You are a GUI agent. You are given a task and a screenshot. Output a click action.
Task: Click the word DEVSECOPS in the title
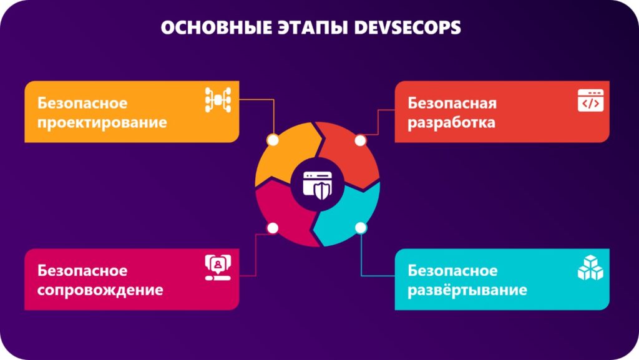407,27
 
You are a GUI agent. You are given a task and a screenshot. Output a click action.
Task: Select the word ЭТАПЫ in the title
313,27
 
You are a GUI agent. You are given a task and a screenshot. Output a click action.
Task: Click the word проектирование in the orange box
102,123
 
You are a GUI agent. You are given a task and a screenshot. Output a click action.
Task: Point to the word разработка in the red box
452,122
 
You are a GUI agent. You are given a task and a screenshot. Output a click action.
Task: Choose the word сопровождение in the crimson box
100,290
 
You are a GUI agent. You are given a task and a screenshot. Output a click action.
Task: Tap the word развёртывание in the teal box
467,290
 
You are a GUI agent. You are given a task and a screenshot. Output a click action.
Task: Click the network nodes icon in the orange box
218,100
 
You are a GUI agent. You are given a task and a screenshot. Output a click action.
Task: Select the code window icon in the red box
590,100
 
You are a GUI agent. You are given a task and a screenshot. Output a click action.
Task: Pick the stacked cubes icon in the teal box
590,268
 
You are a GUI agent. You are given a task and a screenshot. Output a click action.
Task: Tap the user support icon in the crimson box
218,268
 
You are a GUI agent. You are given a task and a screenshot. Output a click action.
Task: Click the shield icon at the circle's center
318,185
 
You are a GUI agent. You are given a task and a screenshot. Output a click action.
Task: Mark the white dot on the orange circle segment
273,140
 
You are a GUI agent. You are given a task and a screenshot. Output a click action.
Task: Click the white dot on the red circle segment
360,140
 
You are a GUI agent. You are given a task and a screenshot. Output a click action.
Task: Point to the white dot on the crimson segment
273,228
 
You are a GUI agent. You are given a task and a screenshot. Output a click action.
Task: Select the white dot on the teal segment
361,228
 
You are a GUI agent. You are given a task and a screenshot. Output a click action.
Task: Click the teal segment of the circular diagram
351,216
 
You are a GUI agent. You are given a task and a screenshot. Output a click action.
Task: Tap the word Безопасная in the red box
452,103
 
